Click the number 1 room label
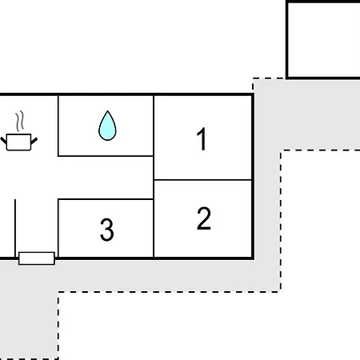pyautogui.click(x=202, y=138)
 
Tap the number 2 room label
pyautogui.click(x=204, y=218)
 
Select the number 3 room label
pyautogui.click(x=107, y=230)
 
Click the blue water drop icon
pyautogui.click(x=107, y=126)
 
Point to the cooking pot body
pyautogui.click(x=18, y=142)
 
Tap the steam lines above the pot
pyautogui.click(x=20, y=122)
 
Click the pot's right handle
pyautogui.click(x=34, y=141)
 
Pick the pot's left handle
pyautogui.click(x=3, y=141)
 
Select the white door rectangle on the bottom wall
pyautogui.click(x=37, y=258)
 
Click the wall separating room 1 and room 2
pyautogui.click(x=203, y=180)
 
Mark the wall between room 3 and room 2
pyautogui.click(x=154, y=228)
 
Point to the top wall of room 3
pyautogui.click(x=106, y=199)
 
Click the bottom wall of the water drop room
pyautogui.click(x=106, y=156)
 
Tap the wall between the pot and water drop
pyautogui.click(x=58, y=126)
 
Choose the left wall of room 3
pyautogui.click(x=58, y=228)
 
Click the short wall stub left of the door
pyautogui.click(x=15, y=228)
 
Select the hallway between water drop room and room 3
pyautogui.click(x=106, y=178)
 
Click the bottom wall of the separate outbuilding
pyautogui.click(x=323, y=78)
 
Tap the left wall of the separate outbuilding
pyautogui.click(x=287, y=39)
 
